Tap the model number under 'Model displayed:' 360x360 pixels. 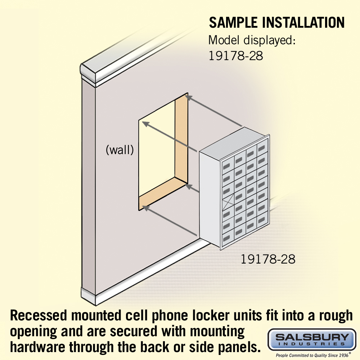point(235,56)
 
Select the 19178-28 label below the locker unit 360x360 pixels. point(268,259)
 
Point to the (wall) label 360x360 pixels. point(120,150)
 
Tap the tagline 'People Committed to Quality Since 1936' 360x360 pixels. point(312,355)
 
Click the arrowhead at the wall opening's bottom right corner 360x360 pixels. point(189,186)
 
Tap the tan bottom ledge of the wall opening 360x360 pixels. point(163,193)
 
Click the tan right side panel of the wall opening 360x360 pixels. point(181,138)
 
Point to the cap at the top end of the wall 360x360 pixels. point(89,72)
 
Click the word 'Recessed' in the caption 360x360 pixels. point(39,315)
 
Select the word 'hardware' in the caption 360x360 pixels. point(38,347)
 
